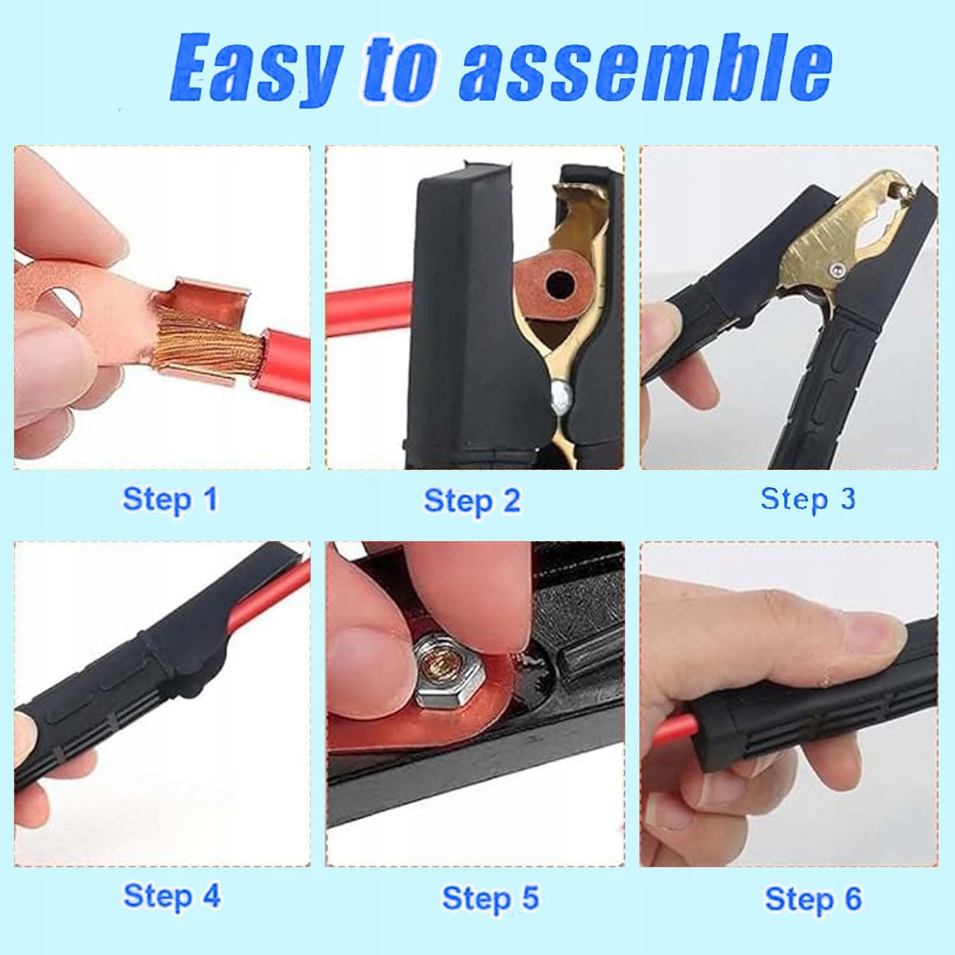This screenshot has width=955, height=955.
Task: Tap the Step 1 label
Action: click(x=170, y=499)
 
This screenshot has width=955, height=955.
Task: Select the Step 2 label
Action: click(x=472, y=500)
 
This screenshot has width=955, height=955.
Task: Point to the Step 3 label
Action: click(x=808, y=499)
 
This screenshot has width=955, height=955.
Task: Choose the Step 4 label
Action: click(x=172, y=896)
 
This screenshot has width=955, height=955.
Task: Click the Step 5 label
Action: click(x=490, y=898)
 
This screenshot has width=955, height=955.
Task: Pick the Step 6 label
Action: click(x=813, y=899)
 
